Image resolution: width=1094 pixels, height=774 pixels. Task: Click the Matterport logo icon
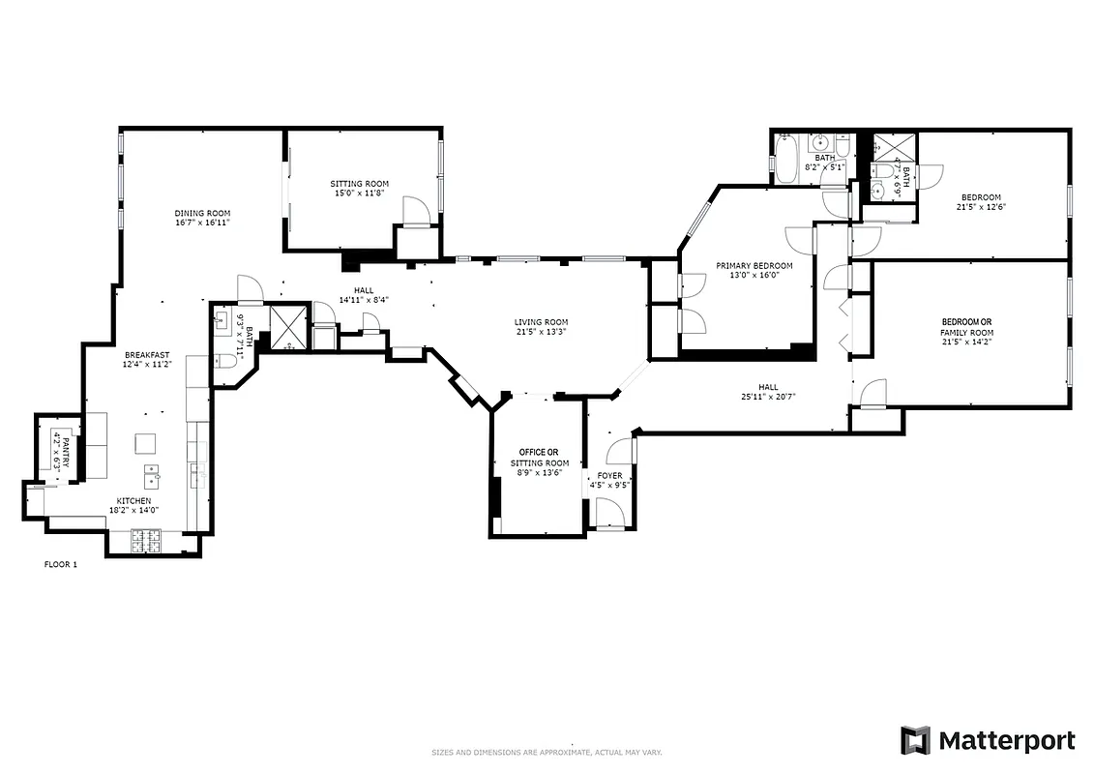915,740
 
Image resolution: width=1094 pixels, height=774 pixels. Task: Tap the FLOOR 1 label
61,564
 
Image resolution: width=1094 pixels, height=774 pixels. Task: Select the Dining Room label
202,213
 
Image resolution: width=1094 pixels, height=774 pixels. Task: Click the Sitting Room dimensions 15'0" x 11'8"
359,193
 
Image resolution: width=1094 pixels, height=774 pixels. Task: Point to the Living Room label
541,322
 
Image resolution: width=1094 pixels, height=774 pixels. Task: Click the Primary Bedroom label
754,266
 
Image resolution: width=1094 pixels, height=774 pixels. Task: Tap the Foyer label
609,476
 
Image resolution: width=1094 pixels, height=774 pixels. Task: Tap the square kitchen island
146,442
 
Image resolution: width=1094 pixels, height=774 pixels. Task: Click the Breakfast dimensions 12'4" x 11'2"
146,365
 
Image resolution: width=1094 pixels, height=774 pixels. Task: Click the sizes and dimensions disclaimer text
547,752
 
